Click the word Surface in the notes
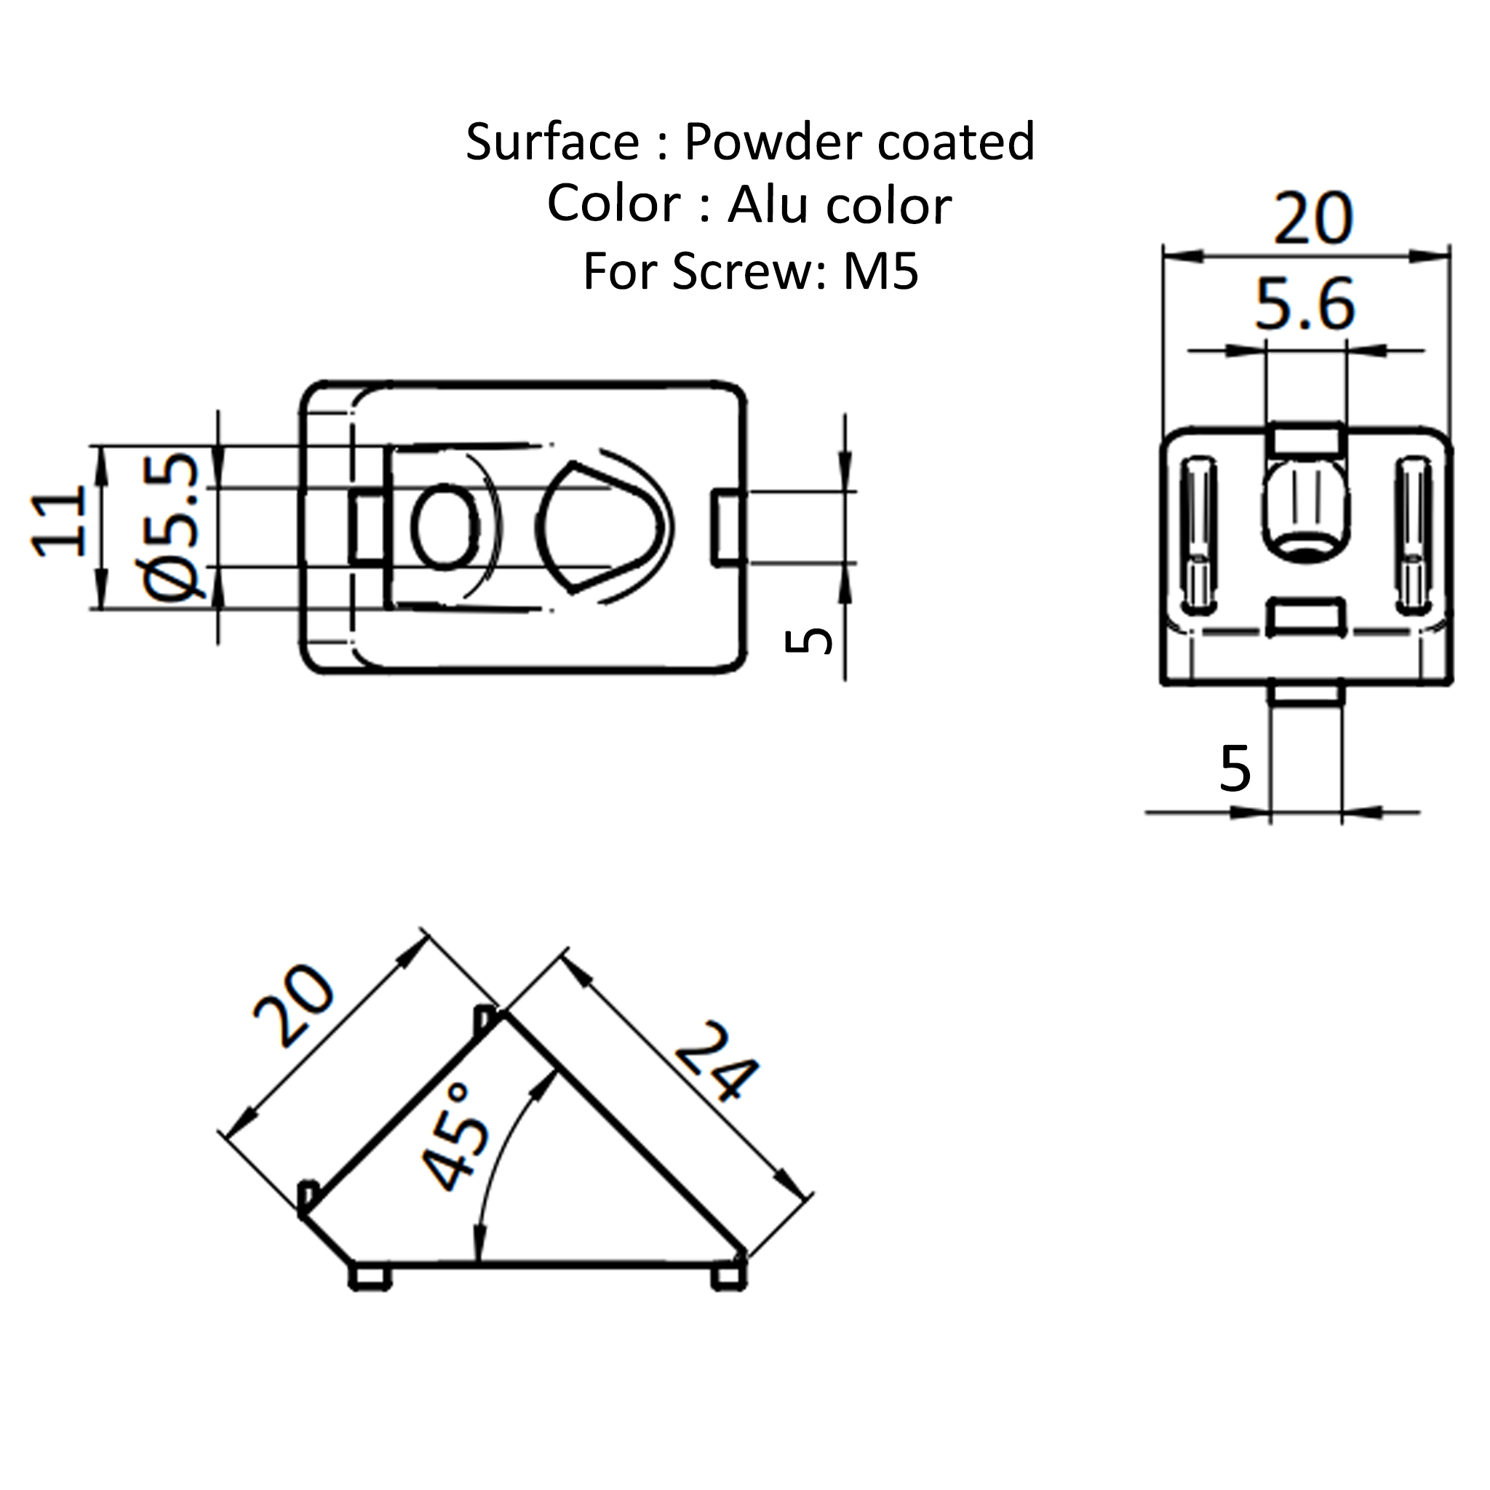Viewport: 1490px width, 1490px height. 552,143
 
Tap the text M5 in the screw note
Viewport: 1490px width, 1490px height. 881,273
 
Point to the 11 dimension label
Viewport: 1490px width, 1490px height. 59,522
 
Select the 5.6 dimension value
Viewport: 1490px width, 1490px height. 1304,306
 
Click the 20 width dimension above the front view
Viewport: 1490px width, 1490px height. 1312,219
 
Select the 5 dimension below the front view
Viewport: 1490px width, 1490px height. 1235,769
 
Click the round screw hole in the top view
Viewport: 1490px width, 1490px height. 445,527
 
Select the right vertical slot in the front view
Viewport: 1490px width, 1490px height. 1414,534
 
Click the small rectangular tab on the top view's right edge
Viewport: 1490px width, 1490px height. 727,527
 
